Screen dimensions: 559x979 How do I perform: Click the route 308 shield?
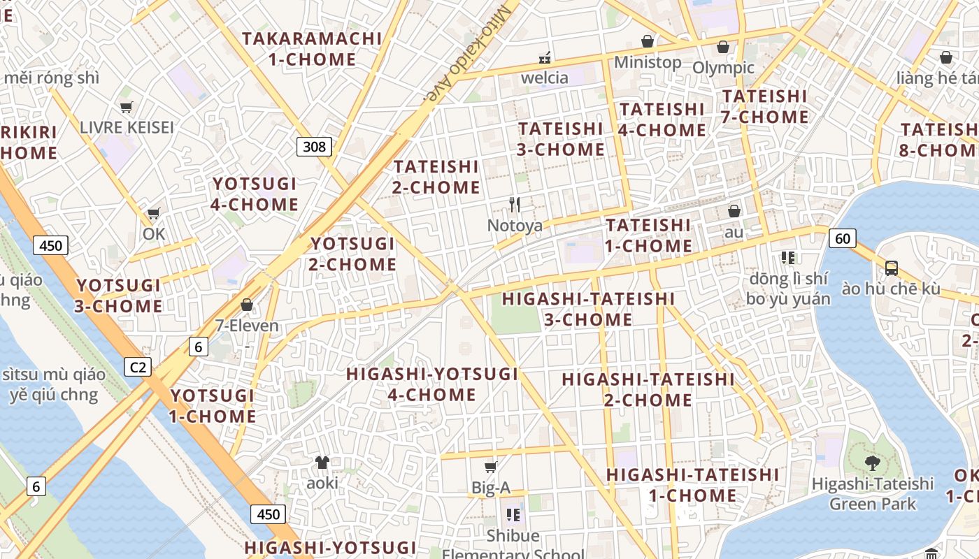[x=314, y=146]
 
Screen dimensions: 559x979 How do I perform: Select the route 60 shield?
[x=843, y=238]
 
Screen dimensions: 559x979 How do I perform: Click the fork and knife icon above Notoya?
[x=515, y=204]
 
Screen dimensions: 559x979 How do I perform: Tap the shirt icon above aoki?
[x=322, y=462]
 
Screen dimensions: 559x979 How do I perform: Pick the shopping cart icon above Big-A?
[x=491, y=467]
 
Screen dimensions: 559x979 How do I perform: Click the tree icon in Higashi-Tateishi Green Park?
[x=872, y=462]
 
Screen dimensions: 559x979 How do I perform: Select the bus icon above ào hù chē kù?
[x=892, y=268]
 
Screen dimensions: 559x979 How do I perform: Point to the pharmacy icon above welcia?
[x=544, y=57]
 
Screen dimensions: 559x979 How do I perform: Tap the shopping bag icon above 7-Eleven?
[x=246, y=305]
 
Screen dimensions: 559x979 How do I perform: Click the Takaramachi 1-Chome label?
[x=313, y=49]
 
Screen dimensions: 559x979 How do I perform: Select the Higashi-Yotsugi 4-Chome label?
[x=432, y=384]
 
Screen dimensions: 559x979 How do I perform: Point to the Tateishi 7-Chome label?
[x=764, y=106]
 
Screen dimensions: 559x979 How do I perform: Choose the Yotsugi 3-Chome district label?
[x=119, y=296]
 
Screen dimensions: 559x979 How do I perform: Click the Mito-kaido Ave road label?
[x=462, y=52]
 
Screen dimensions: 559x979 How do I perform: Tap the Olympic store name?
[x=723, y=68]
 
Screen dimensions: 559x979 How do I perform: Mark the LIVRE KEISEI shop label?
[x=127, y=127]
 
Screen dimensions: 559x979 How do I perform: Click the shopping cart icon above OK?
[x=153, y=213]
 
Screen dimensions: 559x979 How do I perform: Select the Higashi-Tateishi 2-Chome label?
[x=648, y=389]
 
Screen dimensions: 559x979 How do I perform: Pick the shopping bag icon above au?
[x=734, y=210]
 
